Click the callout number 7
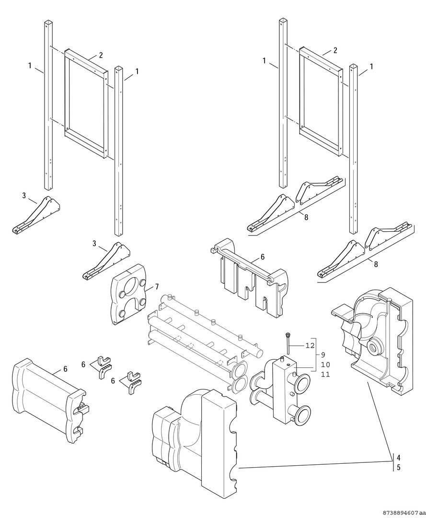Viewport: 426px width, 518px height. [x=156, y=286]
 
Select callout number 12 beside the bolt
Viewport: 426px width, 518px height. [x=310, y=345]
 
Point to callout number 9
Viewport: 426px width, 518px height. [x=322, y=355]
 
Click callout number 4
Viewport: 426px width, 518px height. [x=399, y=457]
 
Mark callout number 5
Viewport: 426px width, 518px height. [x=399, y=466]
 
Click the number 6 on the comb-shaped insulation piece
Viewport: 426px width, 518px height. [x=263, y=257]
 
